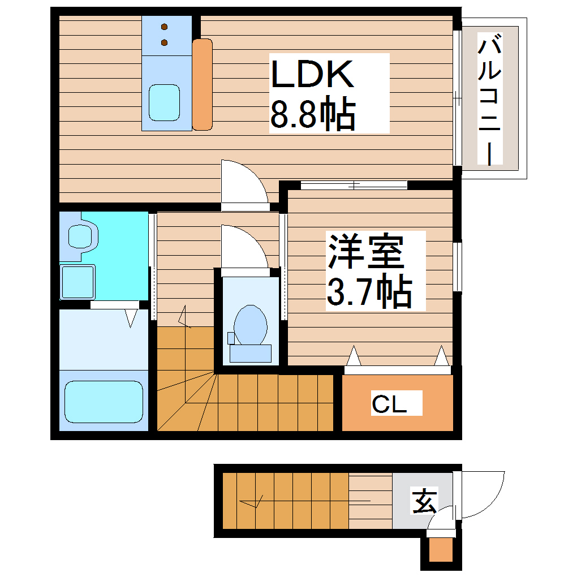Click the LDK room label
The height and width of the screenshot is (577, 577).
(312, 75)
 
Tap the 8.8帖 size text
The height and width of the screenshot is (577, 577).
(312, 114)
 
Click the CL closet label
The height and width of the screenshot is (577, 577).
(389, 404)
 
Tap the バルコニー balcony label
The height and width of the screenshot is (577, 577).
(490, 99)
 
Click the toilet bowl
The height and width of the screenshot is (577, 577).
(251, 324)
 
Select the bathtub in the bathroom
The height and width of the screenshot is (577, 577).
(103, 401)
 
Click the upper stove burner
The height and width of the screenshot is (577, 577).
(165, 27)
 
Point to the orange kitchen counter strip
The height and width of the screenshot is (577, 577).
(202, 84)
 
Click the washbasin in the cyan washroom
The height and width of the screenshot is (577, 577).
(83, 235)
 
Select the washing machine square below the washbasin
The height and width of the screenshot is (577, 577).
(77, 282)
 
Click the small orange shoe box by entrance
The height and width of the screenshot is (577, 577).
(441, 550)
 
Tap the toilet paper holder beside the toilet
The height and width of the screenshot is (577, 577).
(231, 338)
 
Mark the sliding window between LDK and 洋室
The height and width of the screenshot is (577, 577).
(354, 184)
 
